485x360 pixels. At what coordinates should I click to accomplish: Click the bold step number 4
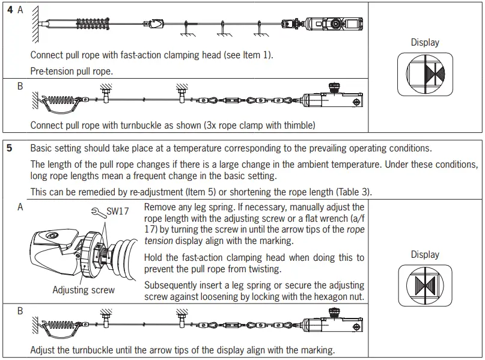coord(9,10)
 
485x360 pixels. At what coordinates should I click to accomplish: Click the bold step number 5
coord(9,148)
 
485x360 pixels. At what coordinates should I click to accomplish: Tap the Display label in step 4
coord(425,43)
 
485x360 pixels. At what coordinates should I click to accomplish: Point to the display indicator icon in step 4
coord(425,73)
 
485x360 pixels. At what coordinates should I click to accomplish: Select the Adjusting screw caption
coord(84,290)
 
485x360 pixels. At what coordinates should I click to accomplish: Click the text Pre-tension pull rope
coord(72,71)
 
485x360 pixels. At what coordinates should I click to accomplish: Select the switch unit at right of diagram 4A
coord(325,24)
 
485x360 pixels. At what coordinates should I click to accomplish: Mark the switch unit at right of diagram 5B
coord(333,323)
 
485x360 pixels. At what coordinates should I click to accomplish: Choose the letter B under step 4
coord(20,87)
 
